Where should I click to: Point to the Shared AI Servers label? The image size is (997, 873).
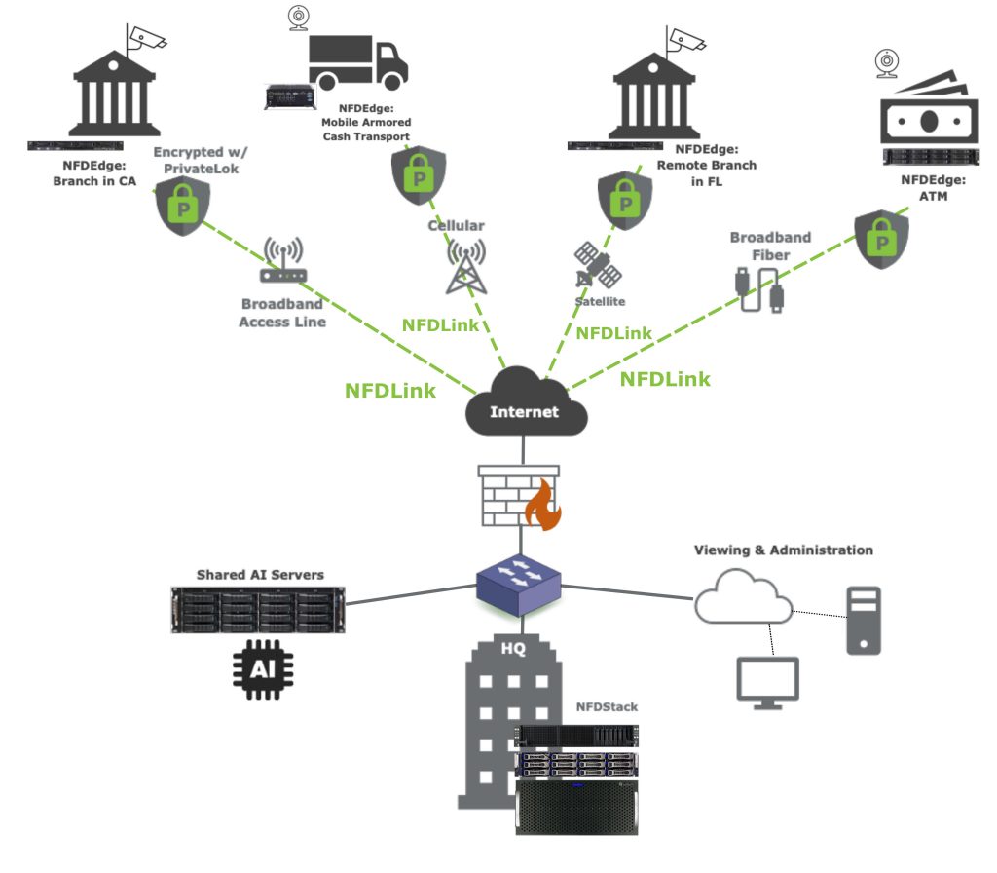click(260, 575)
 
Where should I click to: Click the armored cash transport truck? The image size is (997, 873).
click(357, 62)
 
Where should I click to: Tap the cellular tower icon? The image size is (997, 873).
click(466, 266)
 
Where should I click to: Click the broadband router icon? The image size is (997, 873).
click(283, 265)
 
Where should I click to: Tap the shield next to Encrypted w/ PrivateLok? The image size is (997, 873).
click(182, 208)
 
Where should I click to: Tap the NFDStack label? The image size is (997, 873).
click(605, 706)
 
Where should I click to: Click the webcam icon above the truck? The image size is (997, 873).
click(299, 18)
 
